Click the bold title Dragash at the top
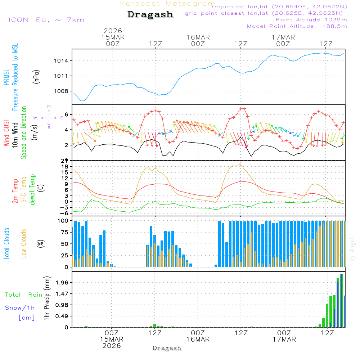(x=150, y=15)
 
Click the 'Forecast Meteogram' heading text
(x=168, y=4)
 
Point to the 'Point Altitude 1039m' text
(x=311, y=19)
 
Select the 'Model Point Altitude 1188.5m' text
(x=297, y=26)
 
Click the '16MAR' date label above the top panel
(x=198, y=37)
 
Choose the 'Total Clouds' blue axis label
(x=6, y=244)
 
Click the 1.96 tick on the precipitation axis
(x=62, y=283)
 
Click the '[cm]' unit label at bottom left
(x=27, y=318)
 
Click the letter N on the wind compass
(x=49, y=106)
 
